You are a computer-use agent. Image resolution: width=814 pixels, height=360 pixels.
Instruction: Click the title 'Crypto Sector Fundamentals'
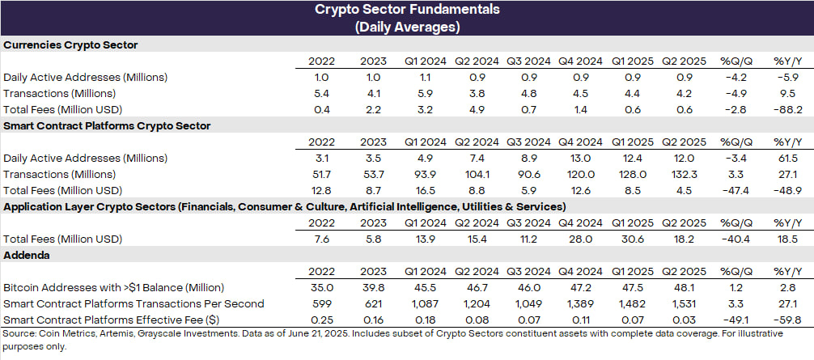click(x=406, y=11)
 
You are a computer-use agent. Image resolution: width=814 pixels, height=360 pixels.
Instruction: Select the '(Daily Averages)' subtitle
click(x=406, y=27)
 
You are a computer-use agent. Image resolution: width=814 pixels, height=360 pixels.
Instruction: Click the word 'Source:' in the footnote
click(x=19, y=334)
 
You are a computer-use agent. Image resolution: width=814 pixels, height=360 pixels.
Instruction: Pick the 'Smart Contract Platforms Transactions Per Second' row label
click(x=134, y=303)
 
